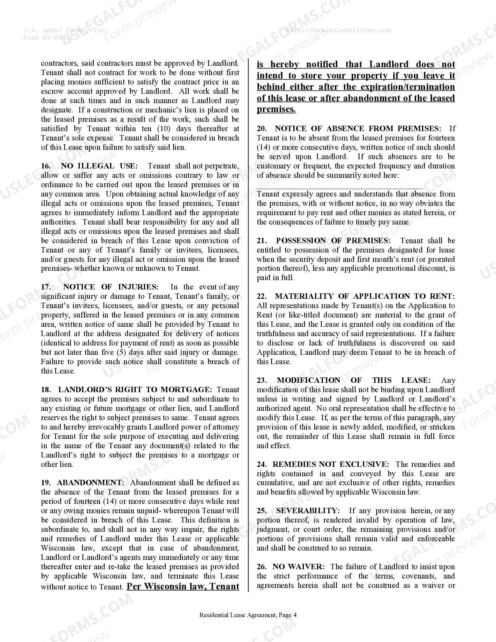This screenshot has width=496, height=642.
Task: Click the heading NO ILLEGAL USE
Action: [99, 166]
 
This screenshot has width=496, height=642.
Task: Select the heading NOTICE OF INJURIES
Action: [111, 287]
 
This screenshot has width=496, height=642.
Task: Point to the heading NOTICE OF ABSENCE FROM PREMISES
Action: [358, 129]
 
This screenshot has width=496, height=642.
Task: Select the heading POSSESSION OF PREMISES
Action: [333, 241]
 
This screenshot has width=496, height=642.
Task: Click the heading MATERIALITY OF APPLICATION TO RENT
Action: [365, 296]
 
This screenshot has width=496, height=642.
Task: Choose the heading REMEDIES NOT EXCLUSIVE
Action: [330, 465]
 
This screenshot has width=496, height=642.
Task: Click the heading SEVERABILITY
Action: [308, 511]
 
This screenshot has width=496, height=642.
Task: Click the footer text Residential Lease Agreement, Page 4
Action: [248, 615]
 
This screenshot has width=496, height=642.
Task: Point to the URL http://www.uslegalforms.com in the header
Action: [338, 30]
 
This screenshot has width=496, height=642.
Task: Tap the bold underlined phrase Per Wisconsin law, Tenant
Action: [183, 586]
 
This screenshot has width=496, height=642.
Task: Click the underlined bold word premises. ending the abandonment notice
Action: [276, 109]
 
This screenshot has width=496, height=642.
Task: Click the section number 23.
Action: [261, 381]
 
